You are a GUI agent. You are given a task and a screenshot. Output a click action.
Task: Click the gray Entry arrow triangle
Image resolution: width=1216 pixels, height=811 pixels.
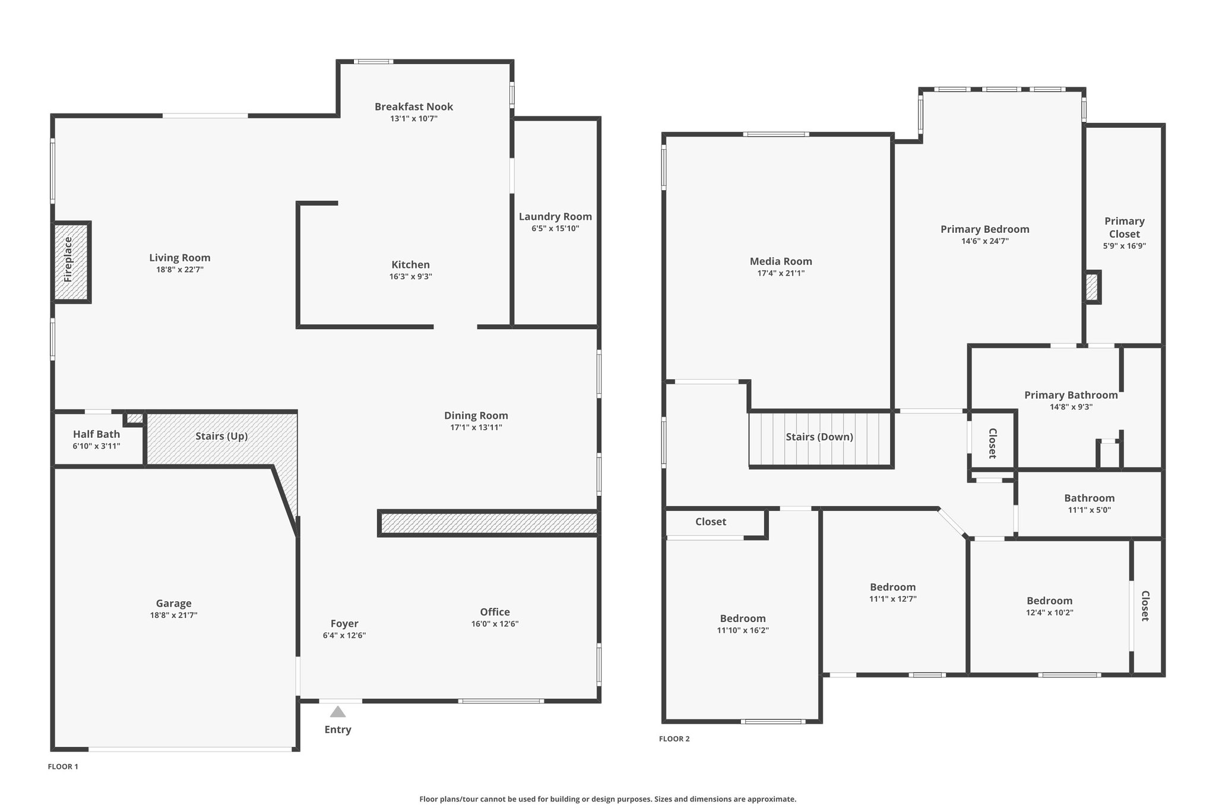click(338, 711)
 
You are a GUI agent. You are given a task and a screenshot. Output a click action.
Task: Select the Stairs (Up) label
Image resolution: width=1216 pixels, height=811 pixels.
click(221, 436)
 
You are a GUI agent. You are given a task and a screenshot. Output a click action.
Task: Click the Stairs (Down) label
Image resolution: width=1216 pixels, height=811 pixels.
click(819, 437)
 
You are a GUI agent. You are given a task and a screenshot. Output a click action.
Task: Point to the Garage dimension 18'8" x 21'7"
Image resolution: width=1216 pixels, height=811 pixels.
click(173, 616)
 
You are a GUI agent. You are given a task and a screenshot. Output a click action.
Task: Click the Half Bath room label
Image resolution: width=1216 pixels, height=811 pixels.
click(96, 434)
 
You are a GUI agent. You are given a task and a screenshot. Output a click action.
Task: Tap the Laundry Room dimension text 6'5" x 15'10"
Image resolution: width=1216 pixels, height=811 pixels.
click(555, 229)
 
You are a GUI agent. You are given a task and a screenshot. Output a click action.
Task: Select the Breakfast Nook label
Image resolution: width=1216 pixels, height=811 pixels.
click(414, 107)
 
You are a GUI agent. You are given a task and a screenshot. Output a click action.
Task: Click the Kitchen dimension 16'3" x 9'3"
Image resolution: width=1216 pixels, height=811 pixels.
click(410, 277)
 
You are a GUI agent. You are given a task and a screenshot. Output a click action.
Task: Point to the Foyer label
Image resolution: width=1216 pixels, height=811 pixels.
click(344, 623)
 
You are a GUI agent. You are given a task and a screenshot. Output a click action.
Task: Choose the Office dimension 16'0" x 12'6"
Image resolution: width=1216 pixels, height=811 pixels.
click(495, 624)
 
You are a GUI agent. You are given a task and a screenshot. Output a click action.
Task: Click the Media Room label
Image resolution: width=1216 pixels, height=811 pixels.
click(781, 261)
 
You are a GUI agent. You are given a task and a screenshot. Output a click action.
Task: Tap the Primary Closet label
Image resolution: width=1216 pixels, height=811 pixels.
click(1124, 227)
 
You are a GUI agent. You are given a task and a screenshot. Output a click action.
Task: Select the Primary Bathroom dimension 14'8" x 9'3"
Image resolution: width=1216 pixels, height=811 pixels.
click(1071, 408)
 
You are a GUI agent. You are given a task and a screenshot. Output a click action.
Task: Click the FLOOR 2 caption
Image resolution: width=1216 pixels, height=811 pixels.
click(674, 739)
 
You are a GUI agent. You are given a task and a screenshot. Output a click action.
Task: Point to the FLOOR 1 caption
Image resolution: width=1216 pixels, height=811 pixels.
click(63, 766)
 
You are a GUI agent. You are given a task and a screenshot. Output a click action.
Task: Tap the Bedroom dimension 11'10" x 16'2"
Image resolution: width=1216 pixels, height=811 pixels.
click(743, 630)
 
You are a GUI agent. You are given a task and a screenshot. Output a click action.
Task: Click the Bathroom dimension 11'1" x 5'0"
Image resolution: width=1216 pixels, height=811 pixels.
click(1089, 510)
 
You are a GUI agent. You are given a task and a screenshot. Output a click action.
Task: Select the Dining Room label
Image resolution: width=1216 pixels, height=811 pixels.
click(476, 416)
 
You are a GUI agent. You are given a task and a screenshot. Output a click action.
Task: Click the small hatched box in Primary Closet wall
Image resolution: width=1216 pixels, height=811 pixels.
click(1091, 288)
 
